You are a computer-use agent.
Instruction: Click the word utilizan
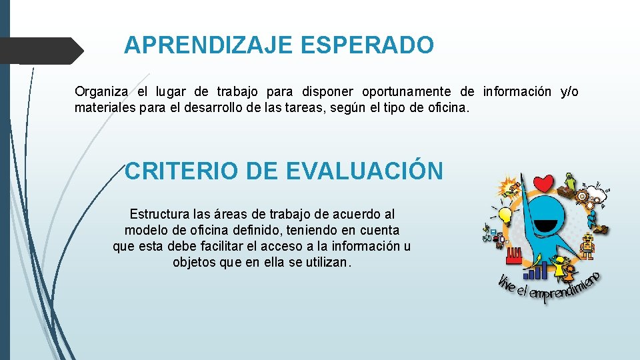(327, 263)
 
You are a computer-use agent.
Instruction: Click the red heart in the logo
(545, 183)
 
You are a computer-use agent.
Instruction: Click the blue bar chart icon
(539, 270)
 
